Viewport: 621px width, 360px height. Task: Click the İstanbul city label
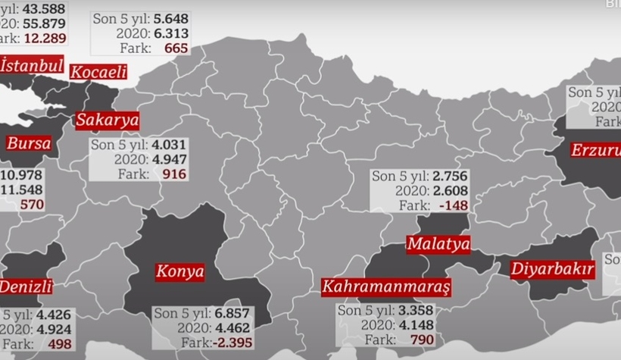pyautogui.click(x=31, y=66)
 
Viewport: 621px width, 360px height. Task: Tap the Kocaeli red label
pyautogui.click(x=98, y=73)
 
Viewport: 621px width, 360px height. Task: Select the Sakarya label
pyautogui.click(x=107, y=121)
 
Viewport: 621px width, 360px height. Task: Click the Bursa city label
pyautogui.click(x=28, y=143)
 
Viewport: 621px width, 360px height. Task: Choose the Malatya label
pyautogui.click(x=438, y=244)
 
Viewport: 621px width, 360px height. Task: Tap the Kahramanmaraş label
pyautogui.click(x=385, y=287)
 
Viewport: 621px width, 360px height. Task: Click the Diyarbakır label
pyautogui.click(x=552, y=269)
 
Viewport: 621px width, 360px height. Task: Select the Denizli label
pyautogui.click(x=25, y=286)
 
